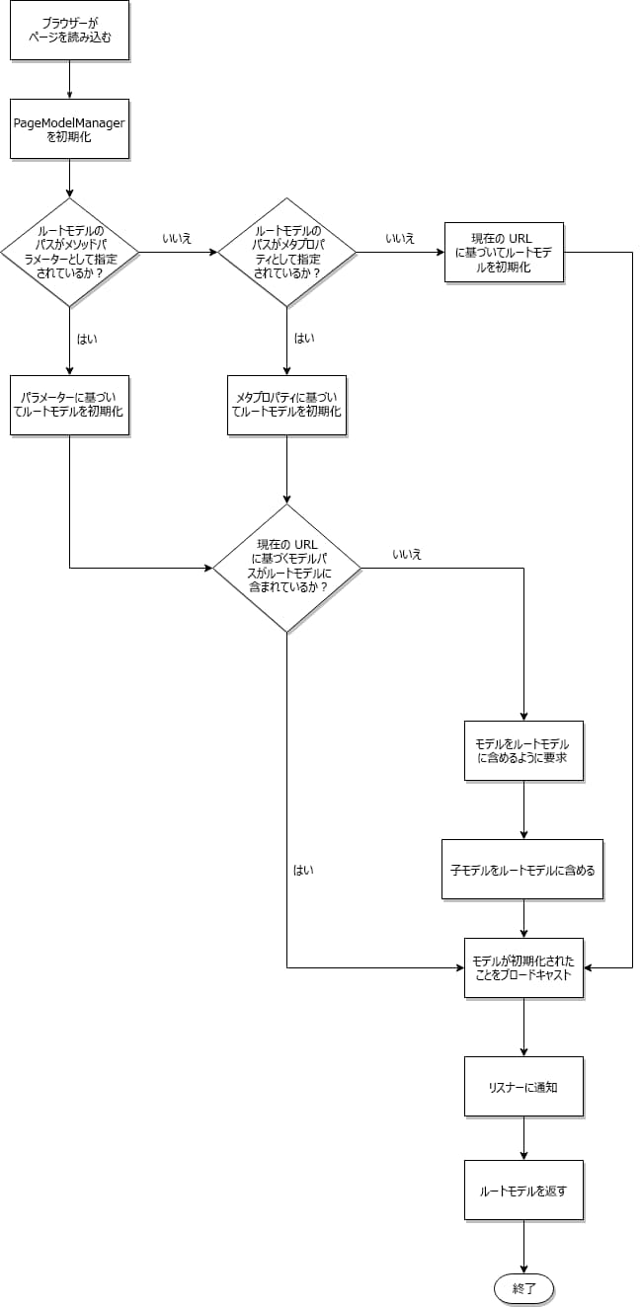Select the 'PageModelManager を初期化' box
69,128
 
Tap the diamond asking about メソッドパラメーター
69,252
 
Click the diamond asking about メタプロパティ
286,252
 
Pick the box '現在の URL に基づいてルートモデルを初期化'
504,253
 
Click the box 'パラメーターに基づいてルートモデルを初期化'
69,405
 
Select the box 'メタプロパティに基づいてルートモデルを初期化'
286,405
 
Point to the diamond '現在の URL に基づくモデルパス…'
286,568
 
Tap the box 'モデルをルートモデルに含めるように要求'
523,750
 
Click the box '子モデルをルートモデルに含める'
522,870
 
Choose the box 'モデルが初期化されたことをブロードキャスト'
523,967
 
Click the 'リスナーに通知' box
523,1086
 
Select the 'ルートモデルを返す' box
523,1191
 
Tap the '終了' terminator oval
523,1289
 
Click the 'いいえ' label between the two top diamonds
177,239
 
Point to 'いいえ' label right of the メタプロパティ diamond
400,239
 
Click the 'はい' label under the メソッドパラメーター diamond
87,338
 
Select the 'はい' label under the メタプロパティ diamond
304,338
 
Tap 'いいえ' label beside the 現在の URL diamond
407,554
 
